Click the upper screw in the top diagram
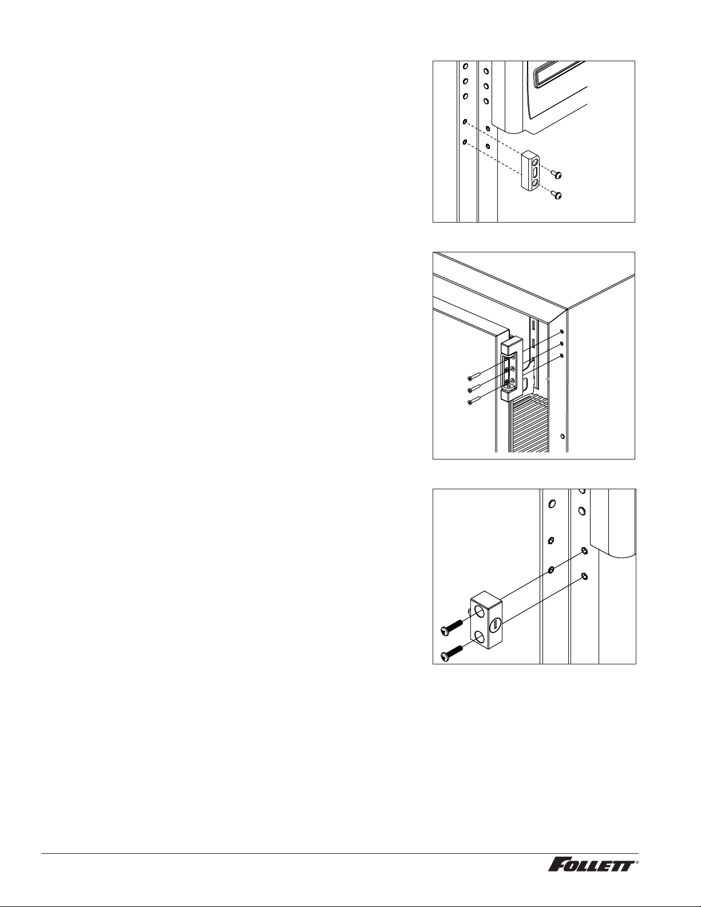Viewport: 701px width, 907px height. pyautogui.click(x=556, y=175)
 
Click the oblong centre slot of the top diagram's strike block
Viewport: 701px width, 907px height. pyautogui.click(x=535, y=172)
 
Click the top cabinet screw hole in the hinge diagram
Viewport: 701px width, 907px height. pyautogui.click(x=561, y=331)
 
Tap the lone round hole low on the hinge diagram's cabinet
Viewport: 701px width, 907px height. pyautogui.click(x=563, y=437)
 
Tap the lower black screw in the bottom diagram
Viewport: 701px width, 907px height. pyautogui.click(x=452, y=654)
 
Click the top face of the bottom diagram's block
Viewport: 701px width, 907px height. pyautogui.click(x=486, y=596)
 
